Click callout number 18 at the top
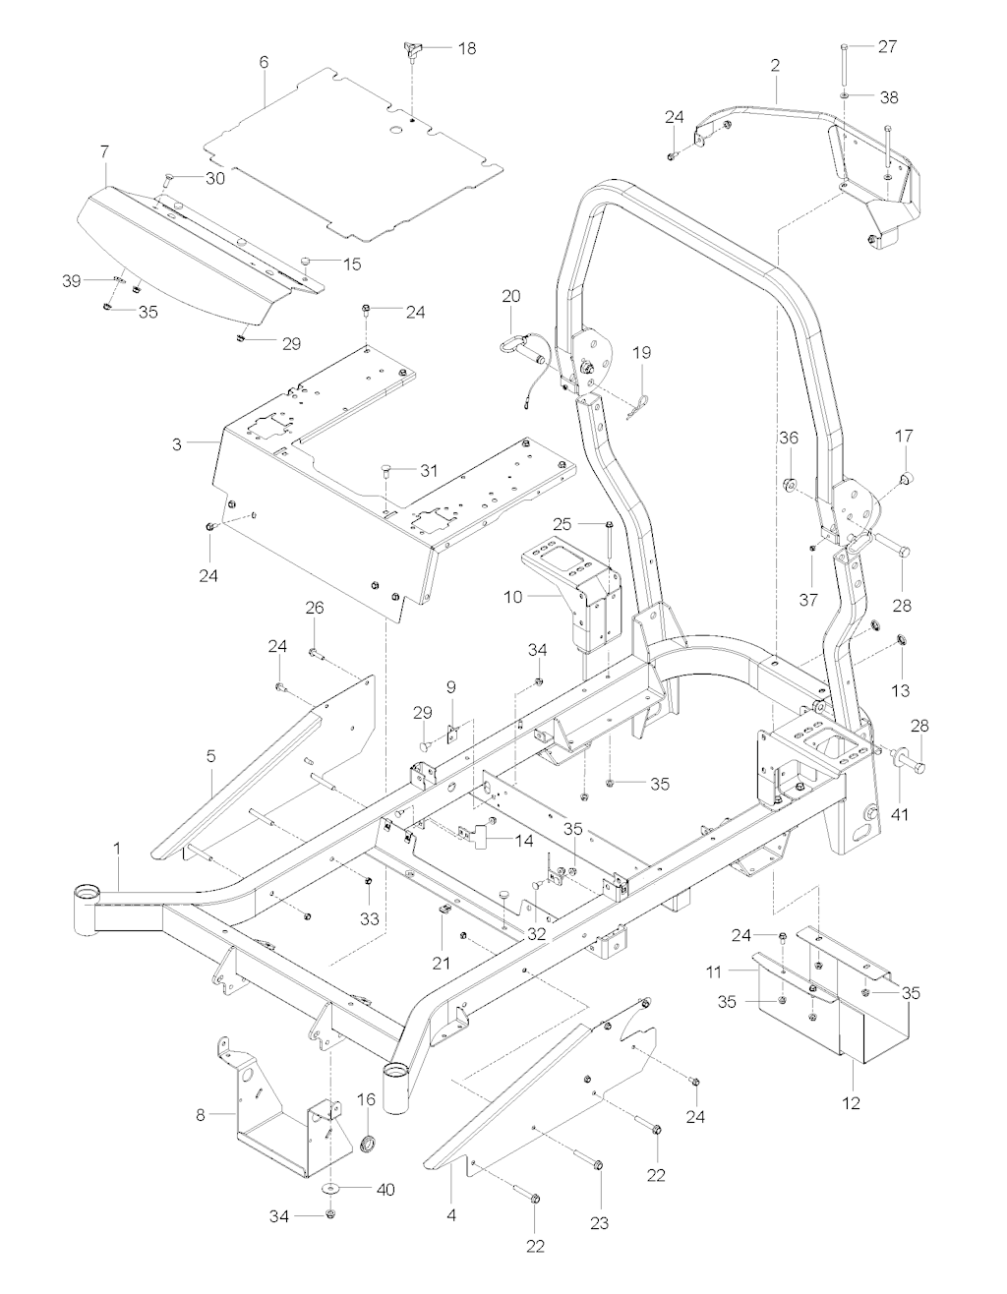[x=467, y=47]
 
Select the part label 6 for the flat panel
[x=264, y=61]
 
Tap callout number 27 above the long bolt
[x=887, y=46]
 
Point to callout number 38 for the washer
[x=888, y=97]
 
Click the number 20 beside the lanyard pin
[x=511, y=295]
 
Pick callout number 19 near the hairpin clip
[x=641, y=352]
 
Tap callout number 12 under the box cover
[x=852, y=1103]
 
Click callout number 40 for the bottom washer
[x=385, y=1189]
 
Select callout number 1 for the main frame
[x=119, y=846]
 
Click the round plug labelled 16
[x=371, y=1144]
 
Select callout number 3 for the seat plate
[x=177, y=444]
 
